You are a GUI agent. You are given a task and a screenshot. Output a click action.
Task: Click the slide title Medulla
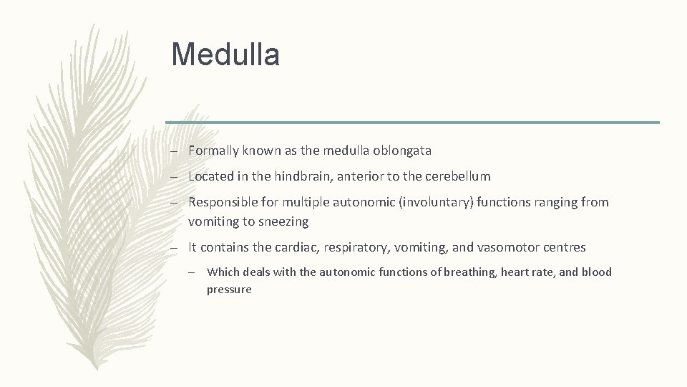coord(225,54)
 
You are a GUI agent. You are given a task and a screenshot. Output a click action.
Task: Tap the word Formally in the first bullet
coord(214,150)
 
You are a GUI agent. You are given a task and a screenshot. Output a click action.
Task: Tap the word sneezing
coord(284,222)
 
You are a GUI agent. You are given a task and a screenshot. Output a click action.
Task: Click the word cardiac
coord(295,247)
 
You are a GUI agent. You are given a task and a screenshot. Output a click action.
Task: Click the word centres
coord(564,247)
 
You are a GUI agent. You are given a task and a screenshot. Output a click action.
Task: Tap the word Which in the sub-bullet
coord(223,272)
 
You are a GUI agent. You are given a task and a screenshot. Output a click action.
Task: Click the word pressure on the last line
coord(229,290)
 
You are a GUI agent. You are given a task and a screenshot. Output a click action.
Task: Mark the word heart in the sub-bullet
coord(514,272)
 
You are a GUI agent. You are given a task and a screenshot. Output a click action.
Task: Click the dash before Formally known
coord(174,151)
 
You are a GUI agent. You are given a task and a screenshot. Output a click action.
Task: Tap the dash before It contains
coord(174,248)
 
